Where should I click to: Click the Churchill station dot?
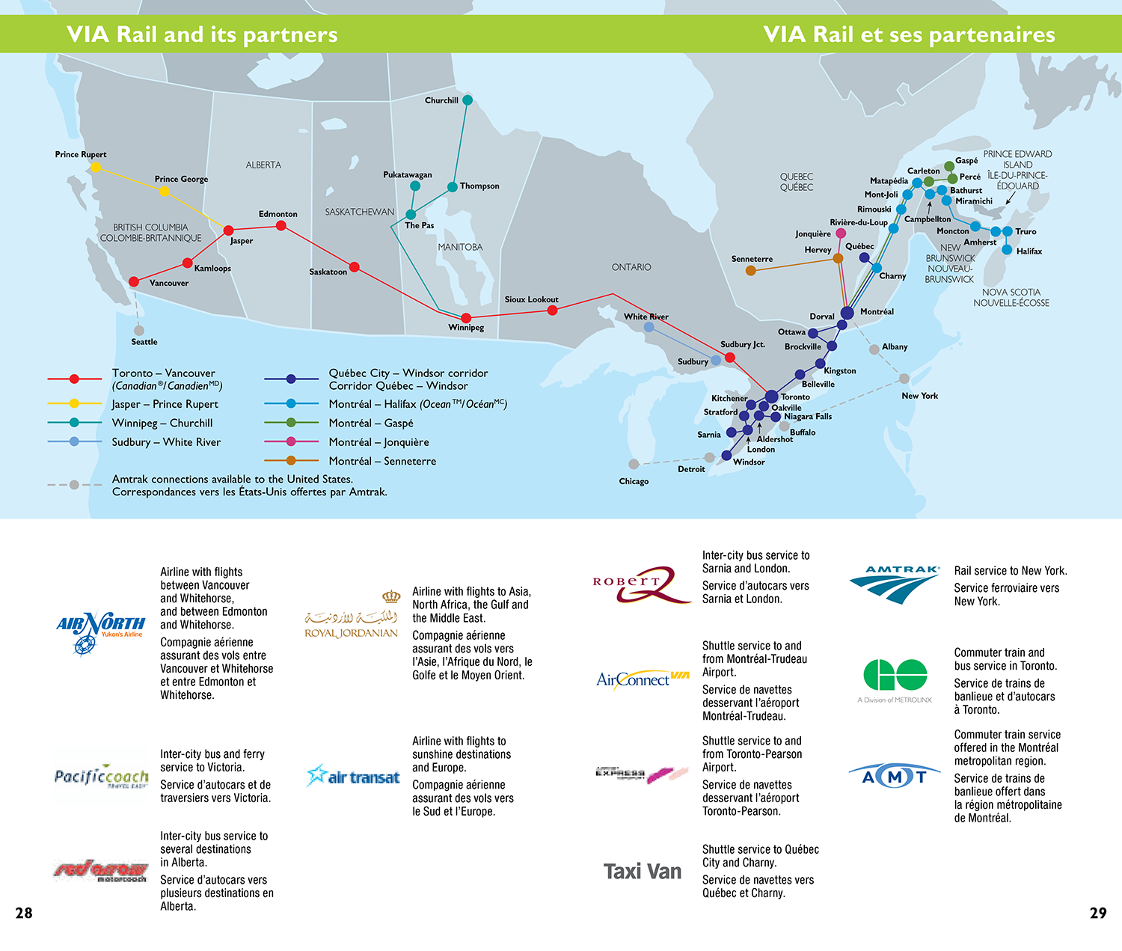467,100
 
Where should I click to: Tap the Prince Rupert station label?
81,155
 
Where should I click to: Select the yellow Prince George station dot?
165,192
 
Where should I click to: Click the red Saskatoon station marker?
355,267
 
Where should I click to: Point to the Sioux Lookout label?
531,299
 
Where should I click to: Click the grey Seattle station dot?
139,331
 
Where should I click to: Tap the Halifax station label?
1028,251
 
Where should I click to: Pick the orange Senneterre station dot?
750,271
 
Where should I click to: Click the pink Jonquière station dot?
841,233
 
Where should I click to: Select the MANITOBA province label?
460,247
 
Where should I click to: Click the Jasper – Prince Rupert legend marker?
74,404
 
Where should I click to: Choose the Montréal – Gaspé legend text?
371,423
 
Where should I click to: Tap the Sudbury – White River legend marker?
74,442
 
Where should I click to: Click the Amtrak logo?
895,584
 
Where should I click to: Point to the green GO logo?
895,675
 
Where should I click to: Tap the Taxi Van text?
643,872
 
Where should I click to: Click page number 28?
24,913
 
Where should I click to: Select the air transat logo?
353,777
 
